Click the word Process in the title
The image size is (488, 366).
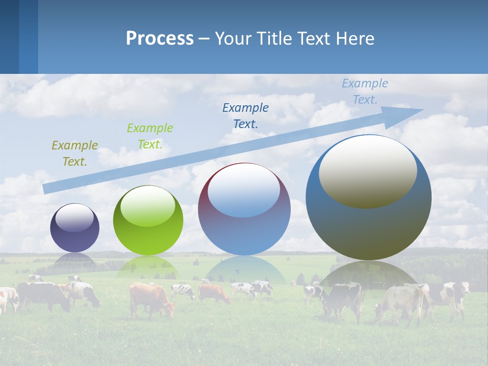point(160,39)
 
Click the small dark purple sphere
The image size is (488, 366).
point(75,228)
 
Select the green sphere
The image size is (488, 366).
point(148,221)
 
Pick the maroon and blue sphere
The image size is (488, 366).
point(244,209)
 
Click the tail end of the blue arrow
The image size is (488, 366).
point(47,189)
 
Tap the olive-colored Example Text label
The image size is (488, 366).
point(75,154)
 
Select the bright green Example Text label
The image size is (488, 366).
point(150,136)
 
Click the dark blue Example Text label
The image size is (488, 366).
point(246,115)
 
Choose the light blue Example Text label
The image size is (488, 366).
point(364,91)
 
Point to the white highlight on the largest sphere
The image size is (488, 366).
point(368,171)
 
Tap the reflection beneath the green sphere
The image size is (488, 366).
point(148,266)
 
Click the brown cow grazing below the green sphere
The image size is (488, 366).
point(149,297)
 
